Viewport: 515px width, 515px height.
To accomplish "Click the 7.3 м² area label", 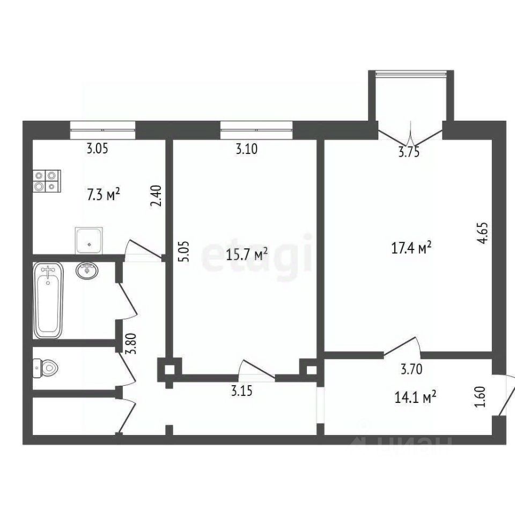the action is point(103,194).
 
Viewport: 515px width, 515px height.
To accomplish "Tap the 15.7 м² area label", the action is point(247,254).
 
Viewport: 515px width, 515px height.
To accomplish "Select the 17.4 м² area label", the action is point(411,248).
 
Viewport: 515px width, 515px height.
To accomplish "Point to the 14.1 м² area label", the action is point(415,397).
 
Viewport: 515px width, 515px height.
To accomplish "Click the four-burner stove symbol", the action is point(47,181).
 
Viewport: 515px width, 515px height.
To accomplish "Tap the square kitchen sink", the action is point(89,240).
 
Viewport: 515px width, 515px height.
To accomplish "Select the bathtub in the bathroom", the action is point(48,300).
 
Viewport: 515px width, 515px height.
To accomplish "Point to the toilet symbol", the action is point(45,368).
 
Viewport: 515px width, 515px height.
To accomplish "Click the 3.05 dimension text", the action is point(97,149).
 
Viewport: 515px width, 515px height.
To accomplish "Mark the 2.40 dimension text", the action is point(156,196).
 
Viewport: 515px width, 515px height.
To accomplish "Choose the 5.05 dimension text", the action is point(183,251).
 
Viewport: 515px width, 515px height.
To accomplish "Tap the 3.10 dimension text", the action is point(247,149).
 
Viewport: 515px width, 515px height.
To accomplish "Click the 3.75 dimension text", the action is point(409,152).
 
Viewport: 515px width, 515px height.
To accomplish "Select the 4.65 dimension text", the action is point(483,233).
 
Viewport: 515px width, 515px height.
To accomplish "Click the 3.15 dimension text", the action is point(242,391).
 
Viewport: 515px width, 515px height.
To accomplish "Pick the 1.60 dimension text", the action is point(480,397).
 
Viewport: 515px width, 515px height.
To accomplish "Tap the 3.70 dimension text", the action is point(411,369).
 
